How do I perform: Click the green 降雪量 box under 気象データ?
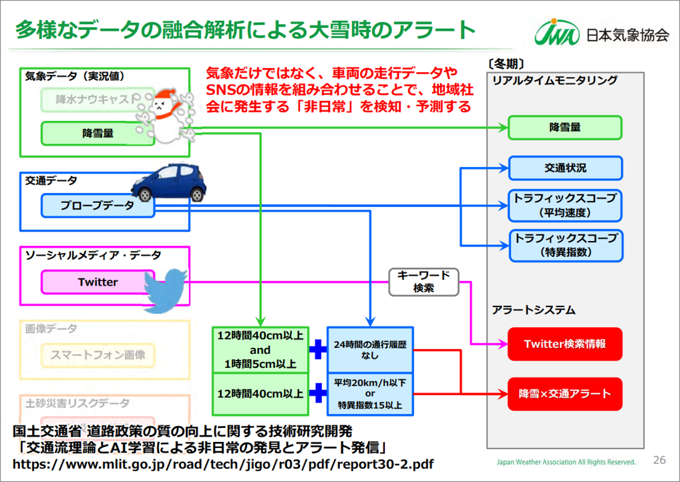98,134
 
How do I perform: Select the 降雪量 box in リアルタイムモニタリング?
564,127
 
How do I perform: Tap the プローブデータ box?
98,206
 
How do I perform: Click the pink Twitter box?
98,282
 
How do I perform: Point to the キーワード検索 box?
423,282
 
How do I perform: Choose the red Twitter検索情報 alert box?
564,344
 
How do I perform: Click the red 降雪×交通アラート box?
564,393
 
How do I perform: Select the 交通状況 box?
564,168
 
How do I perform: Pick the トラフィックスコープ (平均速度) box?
564,206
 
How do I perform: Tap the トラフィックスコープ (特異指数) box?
564,246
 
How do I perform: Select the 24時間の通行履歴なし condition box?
370,350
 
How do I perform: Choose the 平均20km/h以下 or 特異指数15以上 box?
370,394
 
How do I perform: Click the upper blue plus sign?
317,349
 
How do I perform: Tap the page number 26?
659,460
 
